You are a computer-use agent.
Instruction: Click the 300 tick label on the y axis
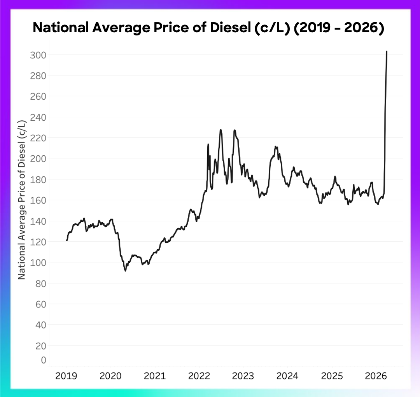pos(38,55)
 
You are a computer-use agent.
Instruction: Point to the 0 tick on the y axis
pos(44,360)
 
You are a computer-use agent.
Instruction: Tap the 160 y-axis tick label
pos(38,200)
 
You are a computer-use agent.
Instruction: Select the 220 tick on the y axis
pos(38,138)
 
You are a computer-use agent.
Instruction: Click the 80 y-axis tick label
pos(41,283)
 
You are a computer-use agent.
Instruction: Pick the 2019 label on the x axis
pos(66,376)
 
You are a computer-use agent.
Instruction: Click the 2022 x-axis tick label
pos(199,376)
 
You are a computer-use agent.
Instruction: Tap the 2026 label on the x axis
pos(376,376)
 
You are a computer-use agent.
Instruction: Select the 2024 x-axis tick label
pos(287,376)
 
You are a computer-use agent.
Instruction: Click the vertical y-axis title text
pos(22,199)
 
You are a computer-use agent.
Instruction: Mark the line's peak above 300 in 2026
pos(387,51)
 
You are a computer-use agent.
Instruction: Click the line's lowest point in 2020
pos(125,271)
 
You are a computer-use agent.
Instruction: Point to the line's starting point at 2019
pos(66,240)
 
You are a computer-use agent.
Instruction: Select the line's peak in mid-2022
pos(220,130)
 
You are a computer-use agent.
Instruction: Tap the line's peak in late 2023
pos(275,147)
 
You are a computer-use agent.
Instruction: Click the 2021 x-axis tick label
pos(155,376)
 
